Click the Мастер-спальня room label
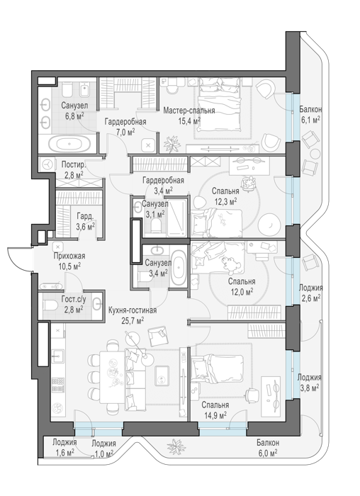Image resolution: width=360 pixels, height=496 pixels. [x=189, y=111]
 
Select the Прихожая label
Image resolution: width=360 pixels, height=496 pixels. [x=69, y=256]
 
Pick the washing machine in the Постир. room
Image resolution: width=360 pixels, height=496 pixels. [x=47, y=164]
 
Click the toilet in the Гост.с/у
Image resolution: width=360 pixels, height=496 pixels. [x=50, y=305]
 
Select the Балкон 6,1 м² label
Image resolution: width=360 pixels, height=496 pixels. [x=310, y=115]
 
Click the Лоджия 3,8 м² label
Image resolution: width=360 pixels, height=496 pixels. [x=309, y=383]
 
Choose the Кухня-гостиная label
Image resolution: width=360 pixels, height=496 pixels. [x=133, y=310]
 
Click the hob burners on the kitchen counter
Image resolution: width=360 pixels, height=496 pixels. [x=58, y=385]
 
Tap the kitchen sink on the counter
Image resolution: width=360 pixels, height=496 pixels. [x=57, y=356]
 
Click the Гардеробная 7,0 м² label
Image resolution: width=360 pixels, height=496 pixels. [x=125, y=127]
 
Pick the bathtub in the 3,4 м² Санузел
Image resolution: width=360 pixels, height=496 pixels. [x=179, y=268]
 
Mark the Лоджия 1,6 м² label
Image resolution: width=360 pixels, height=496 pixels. [x=65, y=448]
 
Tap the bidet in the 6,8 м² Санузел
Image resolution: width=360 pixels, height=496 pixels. [x=85, y=90]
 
